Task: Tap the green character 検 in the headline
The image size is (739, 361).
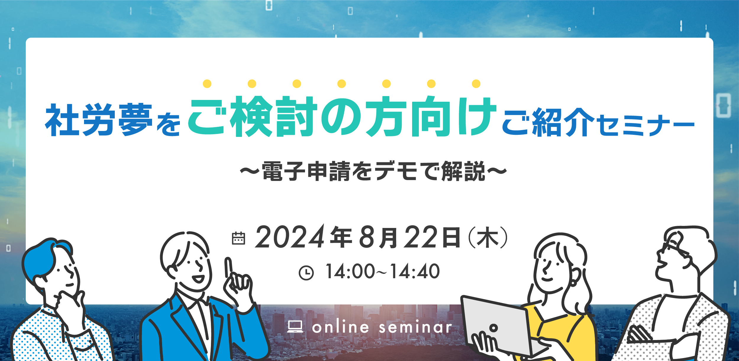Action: pos(251,117)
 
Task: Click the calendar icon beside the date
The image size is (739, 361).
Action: pos(238,238)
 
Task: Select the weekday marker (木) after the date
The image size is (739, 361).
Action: pos(488,237)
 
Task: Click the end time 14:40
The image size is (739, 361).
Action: pos(415,271)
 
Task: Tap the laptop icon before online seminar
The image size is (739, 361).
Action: pos(295,327)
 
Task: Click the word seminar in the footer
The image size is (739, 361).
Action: pos(415,327)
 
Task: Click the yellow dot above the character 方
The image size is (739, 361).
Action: pos(386,84)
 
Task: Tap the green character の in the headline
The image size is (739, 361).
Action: pos(341,117)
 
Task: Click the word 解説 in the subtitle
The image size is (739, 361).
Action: pos(463,171)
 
